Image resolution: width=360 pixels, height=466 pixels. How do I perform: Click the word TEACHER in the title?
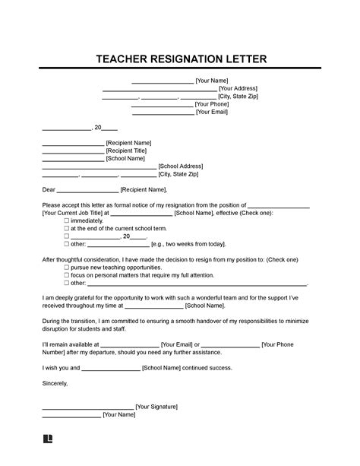pyautogui.click(x=125, y=59)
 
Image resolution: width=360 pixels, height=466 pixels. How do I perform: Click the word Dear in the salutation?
pyautogui.click(x=49, y=190)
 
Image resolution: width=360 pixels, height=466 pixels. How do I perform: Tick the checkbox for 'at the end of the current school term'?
pyautogui.click(x=66, y=229)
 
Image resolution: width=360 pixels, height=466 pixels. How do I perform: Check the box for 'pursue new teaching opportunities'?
pyautogui.click(x=66, y=268)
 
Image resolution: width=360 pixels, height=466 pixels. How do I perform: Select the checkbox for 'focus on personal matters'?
pyautogui.click(x=66, y=276)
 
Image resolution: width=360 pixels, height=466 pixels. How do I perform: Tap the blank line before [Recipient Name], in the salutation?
pyautogui.click(x=88, y=190)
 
